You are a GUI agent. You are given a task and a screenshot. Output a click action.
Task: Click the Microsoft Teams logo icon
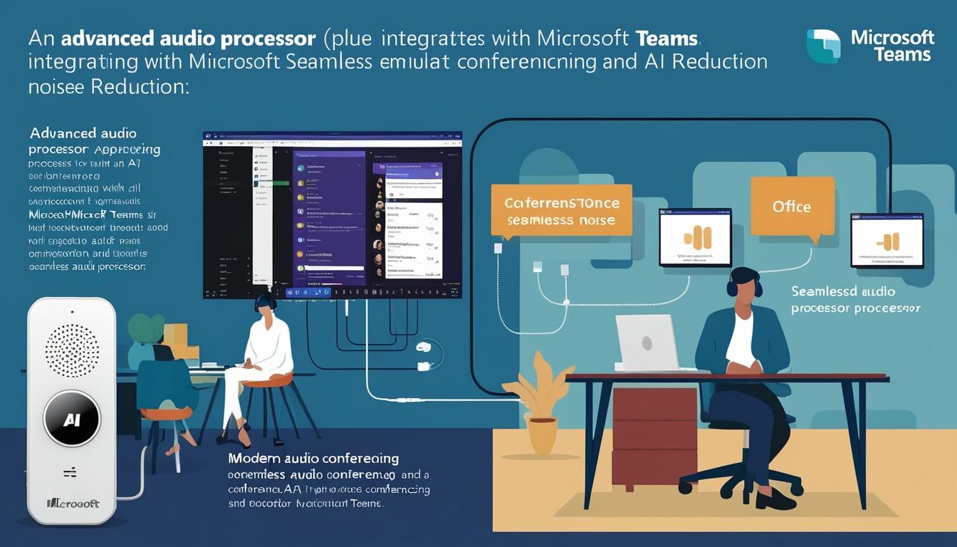point(823,46)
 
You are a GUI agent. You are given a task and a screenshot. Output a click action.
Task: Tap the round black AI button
point(72,418)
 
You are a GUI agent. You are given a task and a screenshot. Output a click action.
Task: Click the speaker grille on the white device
point(72,350)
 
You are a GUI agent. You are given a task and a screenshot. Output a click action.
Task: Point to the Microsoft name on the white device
point(73,504)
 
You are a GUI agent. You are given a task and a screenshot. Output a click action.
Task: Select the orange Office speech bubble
point(792,207)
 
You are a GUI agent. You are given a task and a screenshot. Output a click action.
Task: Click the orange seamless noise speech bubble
point(561,211)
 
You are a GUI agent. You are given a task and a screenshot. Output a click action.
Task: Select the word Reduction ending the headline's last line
point(138,86)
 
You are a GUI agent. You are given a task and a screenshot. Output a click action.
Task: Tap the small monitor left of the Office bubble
point(694,237)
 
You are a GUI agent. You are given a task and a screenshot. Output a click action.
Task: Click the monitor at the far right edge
point(887,241)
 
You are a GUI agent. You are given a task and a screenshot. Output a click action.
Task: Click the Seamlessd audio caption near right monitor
point(843,292)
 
